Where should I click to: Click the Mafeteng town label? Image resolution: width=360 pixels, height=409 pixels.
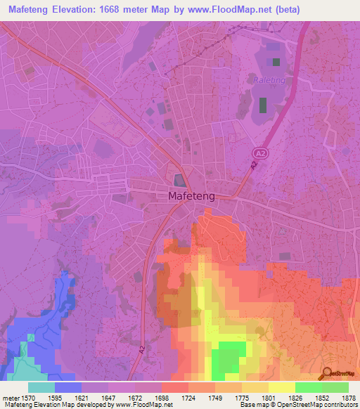(191, 197)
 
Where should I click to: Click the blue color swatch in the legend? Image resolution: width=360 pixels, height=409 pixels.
(68, 387)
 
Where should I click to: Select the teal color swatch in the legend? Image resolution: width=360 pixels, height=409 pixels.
(41, 387)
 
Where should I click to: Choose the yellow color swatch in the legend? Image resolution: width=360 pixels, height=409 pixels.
(282, 387)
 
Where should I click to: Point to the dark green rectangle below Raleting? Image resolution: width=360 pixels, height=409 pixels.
(264, 105)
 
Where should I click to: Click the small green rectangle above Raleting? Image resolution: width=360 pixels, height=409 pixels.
(276, 62)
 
